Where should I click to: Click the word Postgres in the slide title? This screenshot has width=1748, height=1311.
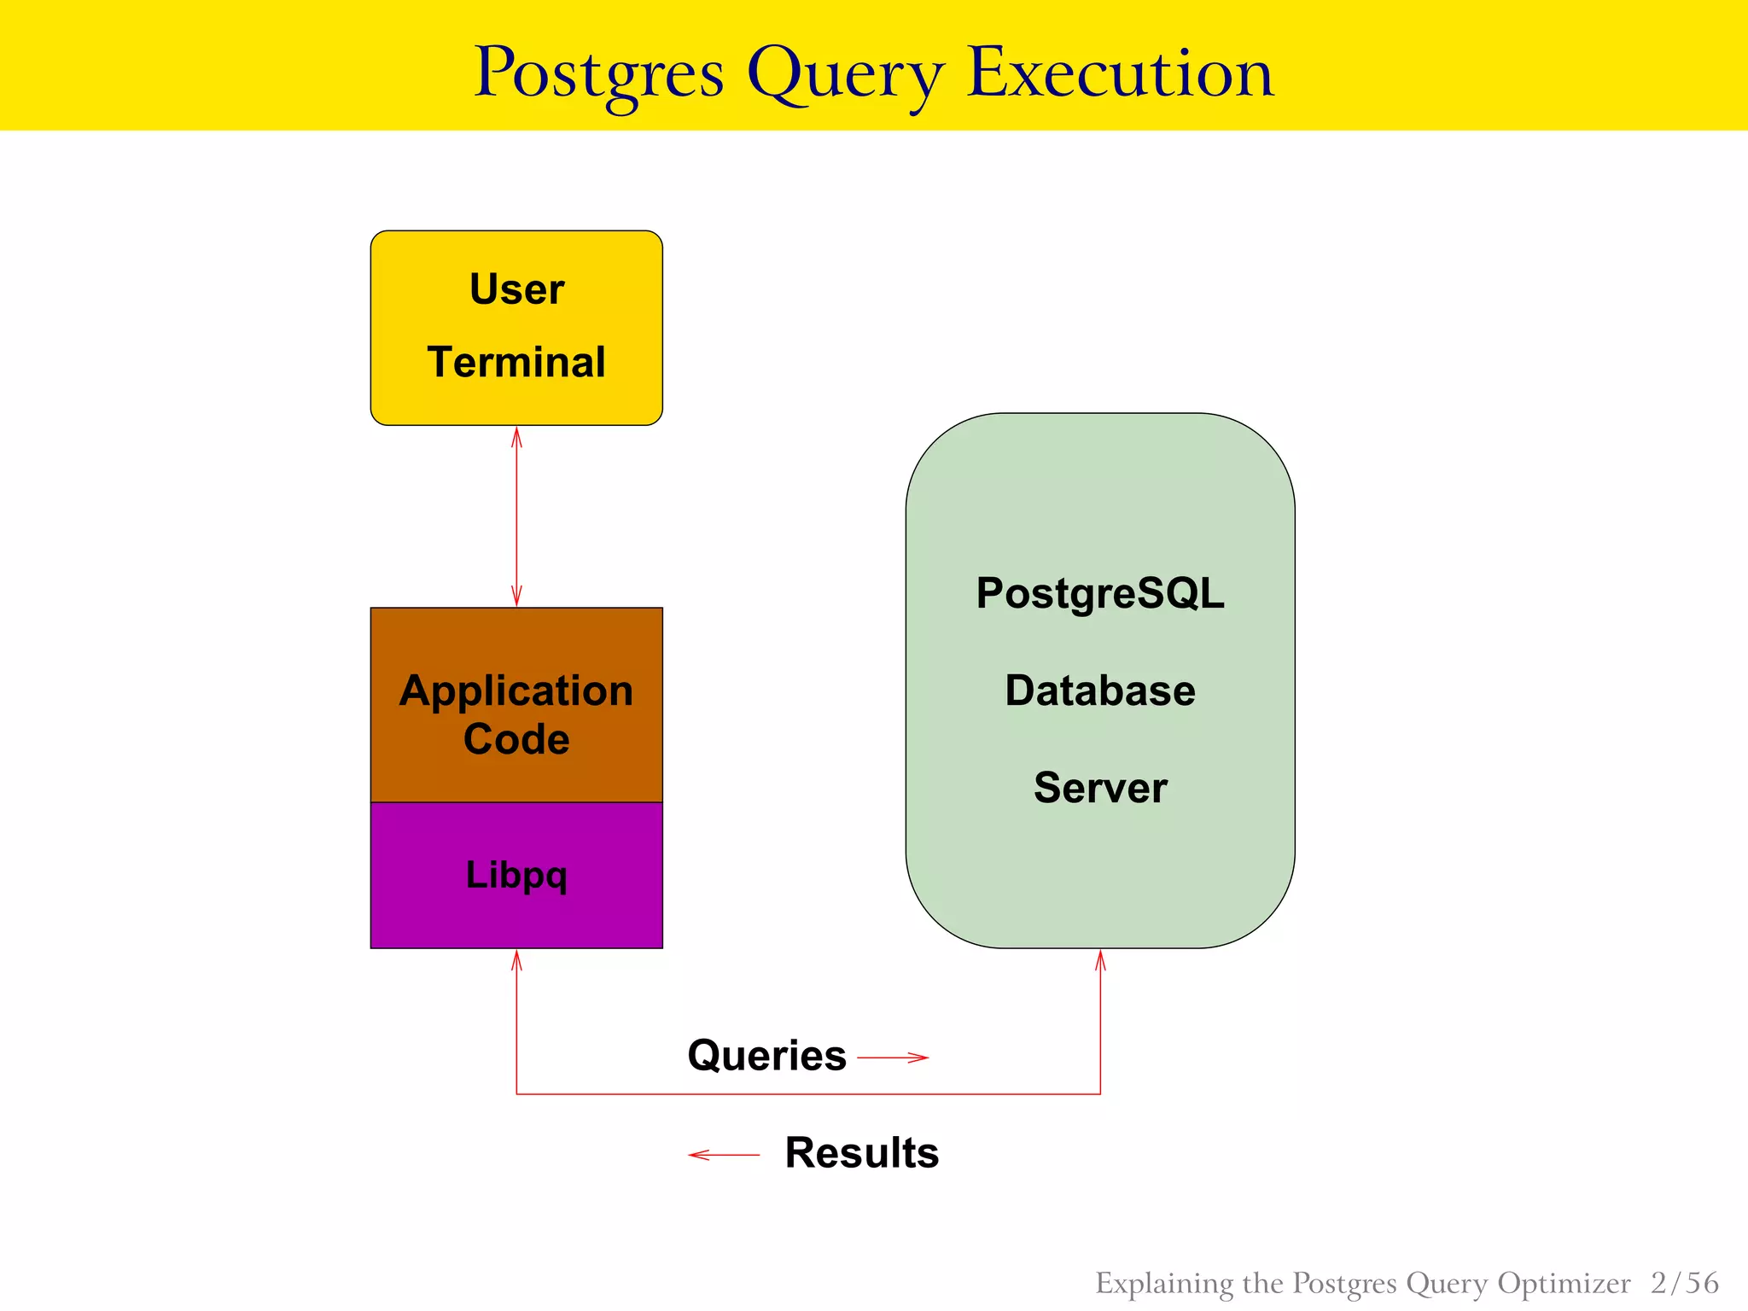pos(598,73)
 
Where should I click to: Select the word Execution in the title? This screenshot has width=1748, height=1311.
pos(1120,72)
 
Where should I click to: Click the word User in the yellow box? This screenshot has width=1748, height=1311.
pos(516,288)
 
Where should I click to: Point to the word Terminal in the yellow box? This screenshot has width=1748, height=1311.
pos(516,362)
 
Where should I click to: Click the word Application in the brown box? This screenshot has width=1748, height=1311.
pos(516,690)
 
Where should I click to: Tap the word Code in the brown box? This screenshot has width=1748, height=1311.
pos(516,739)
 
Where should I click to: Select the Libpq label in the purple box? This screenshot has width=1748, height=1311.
pos(516,875)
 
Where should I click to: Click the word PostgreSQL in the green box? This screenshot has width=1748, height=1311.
pos(1100,593)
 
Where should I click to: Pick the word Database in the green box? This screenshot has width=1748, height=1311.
pos(1100,690)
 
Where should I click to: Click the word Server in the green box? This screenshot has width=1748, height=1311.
pos(1100,787)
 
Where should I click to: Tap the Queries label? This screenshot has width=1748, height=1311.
pos(766,1056)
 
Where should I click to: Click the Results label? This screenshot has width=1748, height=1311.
pos(861,1153)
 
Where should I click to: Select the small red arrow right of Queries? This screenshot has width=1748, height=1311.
pos(894,1058)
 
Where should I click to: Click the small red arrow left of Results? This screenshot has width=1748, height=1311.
pos(723,1155)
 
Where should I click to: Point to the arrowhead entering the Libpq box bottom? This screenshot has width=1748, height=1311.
pos(516,959)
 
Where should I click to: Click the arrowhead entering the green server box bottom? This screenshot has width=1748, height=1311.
pos(1100,959)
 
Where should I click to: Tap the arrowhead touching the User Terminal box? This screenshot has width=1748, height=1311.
pos(516,436)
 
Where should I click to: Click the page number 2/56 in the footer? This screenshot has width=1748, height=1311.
pos(1684,1283)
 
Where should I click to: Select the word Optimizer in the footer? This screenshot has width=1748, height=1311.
pos(1564,1284)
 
